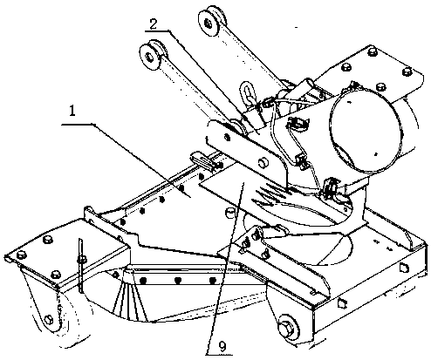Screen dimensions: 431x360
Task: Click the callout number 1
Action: pyautogui.click(x=72, y=111)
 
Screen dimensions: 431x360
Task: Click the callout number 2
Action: pyautogui.click(x=154, y=24)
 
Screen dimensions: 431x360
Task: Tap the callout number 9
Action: pyautogui.click(x=222, y=346)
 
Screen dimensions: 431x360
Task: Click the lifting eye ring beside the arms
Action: pyautogui.click(x=247, y=93)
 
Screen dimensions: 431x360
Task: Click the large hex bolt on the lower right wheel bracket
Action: pyautogui.click(x=286, y=328)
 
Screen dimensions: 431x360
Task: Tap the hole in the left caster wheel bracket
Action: pyautogui.click(x=49, y=319)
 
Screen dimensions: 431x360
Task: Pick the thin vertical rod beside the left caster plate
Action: pyautogui.click(x=81, y=265)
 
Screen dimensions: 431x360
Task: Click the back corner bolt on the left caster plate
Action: pyautogui.click(x=47, y=240)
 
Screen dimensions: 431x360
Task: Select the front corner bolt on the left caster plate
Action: pyautogui.click(x=56, y=275)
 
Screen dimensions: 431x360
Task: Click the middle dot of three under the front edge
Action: pyautogui.click(x=178, y=281)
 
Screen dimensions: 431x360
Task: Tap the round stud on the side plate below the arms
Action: pyautogui.click(x=263, y=162)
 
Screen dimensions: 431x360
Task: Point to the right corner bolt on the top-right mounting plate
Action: pyautogui.click(x=407, y=71)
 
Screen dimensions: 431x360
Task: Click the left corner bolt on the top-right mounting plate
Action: pyautogui.click(x=346, y=67)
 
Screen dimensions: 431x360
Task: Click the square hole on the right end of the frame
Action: pyautogui.click(x=405, y=268)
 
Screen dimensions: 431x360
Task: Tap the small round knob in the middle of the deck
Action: pyautogui.click(x=230, y=212)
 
